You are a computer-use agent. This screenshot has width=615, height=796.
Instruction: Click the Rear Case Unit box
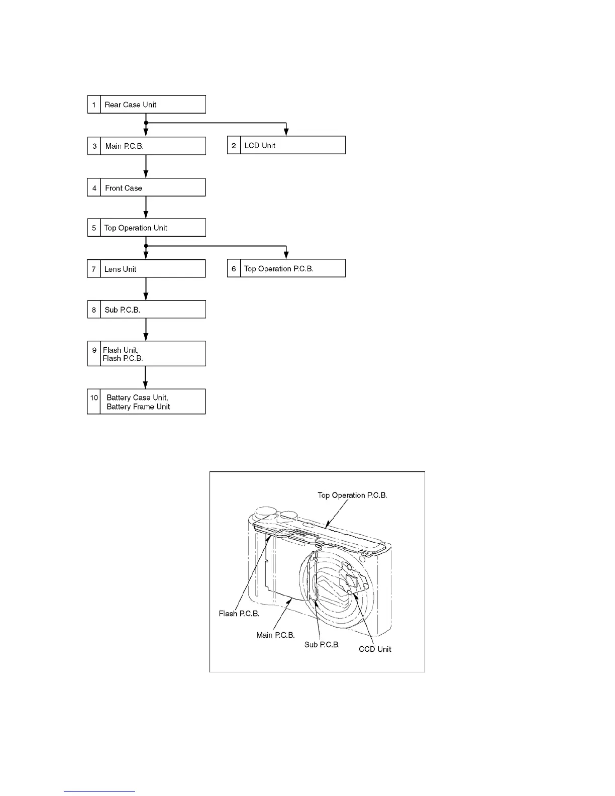click(146, 104)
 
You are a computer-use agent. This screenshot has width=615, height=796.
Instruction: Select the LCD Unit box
click(286, 145)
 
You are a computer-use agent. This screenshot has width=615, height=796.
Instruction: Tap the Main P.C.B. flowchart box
click(146, 146)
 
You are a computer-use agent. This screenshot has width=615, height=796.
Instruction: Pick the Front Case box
click(146, 187)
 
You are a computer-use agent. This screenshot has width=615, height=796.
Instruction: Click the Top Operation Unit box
click(146, 228)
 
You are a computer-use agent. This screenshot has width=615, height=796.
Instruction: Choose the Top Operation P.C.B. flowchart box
click(286, 268)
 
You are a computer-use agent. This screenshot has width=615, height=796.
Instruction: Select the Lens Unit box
click(146, 269)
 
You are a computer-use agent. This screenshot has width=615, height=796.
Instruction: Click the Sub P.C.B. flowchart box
click(146, 310)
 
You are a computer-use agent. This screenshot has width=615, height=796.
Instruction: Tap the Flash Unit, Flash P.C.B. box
click(146, 354)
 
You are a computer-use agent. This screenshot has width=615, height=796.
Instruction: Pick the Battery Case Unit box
click(146, 402)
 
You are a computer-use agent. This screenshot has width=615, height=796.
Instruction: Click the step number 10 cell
click(94, 398)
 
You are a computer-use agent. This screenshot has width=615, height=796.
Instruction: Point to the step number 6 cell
click(234, 268)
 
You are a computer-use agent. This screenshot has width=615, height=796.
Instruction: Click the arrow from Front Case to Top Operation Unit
click(146, 207)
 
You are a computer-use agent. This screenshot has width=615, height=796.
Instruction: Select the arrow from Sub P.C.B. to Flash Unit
click(146, 329)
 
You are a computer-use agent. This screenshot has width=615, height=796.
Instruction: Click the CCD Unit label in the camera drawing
click(375, 649)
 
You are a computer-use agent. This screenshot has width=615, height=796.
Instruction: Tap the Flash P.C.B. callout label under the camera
click(239, 614)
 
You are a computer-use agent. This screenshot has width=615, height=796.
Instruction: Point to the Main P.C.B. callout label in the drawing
click(275, 635)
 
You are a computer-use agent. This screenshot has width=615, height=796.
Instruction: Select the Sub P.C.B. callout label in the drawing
click(322, 644)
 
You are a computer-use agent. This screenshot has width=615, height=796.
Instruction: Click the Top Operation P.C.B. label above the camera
click(352, 495)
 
